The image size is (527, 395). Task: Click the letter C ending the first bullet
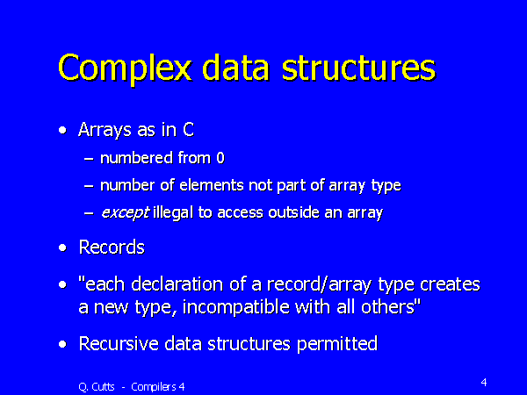(x=188, y=130)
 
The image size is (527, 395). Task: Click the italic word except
(x=124, y=213)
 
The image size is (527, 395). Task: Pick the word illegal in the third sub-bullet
(x=172, y=213)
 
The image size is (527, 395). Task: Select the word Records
(x=112, y=248)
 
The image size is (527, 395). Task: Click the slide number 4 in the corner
(x=484, y=382)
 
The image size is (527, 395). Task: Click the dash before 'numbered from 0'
(x=88, y=160)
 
